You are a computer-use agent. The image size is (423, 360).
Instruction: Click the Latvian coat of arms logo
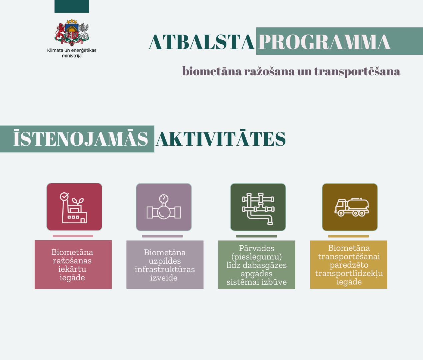coord(72,33)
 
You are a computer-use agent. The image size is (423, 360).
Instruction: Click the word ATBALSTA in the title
coord(201,42)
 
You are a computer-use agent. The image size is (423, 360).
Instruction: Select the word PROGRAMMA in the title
coord(324,42)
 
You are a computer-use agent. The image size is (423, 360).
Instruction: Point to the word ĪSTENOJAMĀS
coord(81,139)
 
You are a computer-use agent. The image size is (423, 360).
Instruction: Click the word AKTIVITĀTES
coord(221,139)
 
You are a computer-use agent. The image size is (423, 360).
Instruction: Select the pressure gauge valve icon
coord(164,207)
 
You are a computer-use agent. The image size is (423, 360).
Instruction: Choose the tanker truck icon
coord(352,207)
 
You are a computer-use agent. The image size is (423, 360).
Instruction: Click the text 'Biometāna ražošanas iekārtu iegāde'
coord(72,265)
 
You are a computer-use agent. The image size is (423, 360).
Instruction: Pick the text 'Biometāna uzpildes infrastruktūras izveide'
coord(165,265)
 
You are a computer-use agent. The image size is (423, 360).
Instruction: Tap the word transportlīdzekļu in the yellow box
coord(349,273)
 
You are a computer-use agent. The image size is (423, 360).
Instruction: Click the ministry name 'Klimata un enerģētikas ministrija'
coord(72,53)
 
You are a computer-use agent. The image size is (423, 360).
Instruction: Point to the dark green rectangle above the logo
coord(72,6)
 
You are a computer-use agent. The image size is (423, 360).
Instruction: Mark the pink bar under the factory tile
coord(73,236)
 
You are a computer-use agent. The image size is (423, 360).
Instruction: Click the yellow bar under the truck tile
coord(348,236)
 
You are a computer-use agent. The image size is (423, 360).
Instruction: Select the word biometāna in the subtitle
coord(212,71)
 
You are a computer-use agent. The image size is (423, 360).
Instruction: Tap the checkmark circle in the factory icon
coord(64,196)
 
